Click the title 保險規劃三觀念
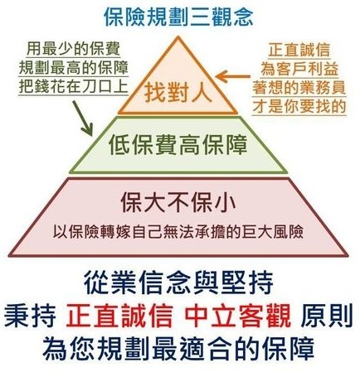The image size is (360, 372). tap(178, 18)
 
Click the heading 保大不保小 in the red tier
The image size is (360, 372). tap(178, 204)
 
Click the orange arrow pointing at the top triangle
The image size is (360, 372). tap(233, 76)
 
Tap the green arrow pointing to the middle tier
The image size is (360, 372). tap(82, 118)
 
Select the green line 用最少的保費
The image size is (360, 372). tap(73, 49)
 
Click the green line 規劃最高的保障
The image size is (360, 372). tap(73, 68)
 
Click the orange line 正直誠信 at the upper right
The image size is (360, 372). tap(299, 50)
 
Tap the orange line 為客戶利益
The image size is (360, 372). tap(299, 69)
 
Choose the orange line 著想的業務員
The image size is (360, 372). tap(299, 88)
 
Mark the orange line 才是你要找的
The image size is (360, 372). tap(299, 107)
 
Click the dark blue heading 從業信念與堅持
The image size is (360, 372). tap(178, 283)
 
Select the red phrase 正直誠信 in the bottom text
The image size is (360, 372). tap(119, 316)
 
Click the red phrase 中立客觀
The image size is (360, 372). tap(238, 316)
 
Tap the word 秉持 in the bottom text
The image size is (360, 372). tap(30, 316)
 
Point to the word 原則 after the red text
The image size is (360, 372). tap(327, 316)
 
